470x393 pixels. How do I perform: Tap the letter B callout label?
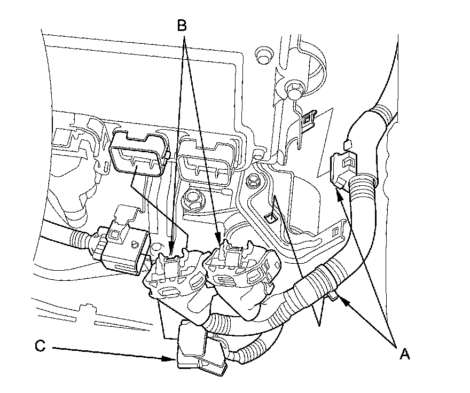182,24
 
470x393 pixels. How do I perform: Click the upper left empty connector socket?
138,155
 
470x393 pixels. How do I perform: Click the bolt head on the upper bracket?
293,88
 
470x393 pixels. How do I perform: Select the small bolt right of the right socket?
254,180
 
